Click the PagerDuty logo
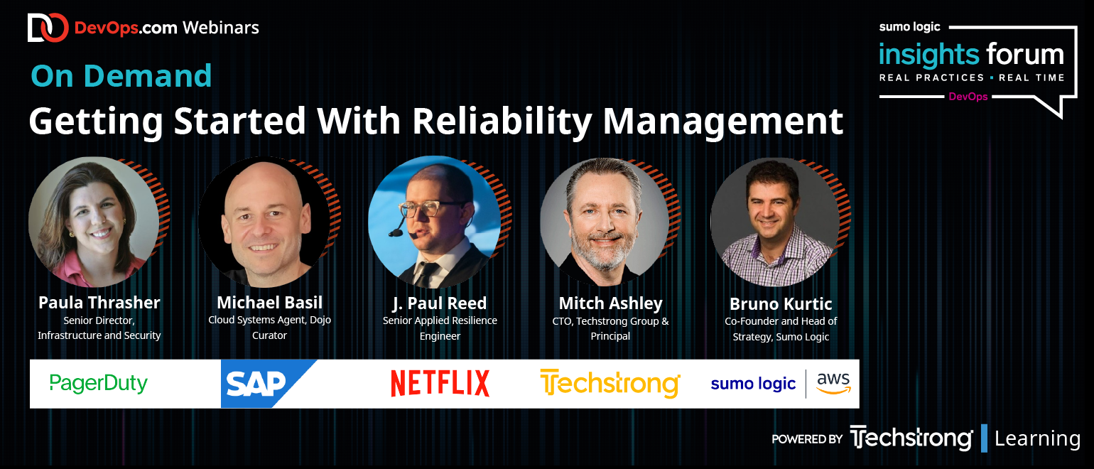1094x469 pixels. click(x=98, y=384)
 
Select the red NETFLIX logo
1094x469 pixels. click(x=440, y=383)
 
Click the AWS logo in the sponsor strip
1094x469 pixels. click(x=834, y=383)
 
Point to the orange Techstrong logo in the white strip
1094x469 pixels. click(x=610, y=384)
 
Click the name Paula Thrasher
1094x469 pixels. click(x=99, y=303)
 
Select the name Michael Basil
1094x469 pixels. click(x=270, y=303)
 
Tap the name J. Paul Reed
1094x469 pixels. click(x=440, y=303)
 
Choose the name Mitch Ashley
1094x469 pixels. click(x=610, y=303)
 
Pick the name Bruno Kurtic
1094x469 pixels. click(x=781, y=304)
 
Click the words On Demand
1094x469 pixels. click(x=121, y=76)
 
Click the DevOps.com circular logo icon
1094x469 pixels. click(x=48, y=27)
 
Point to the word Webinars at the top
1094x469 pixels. click(x=221, y=28)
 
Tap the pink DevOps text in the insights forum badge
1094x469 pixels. click(x=968, y=97)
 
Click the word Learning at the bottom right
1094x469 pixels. click(x=1037, y=438)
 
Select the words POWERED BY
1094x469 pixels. click(x=807, y=439)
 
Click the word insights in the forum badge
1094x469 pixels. click(x=929, y=55)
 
